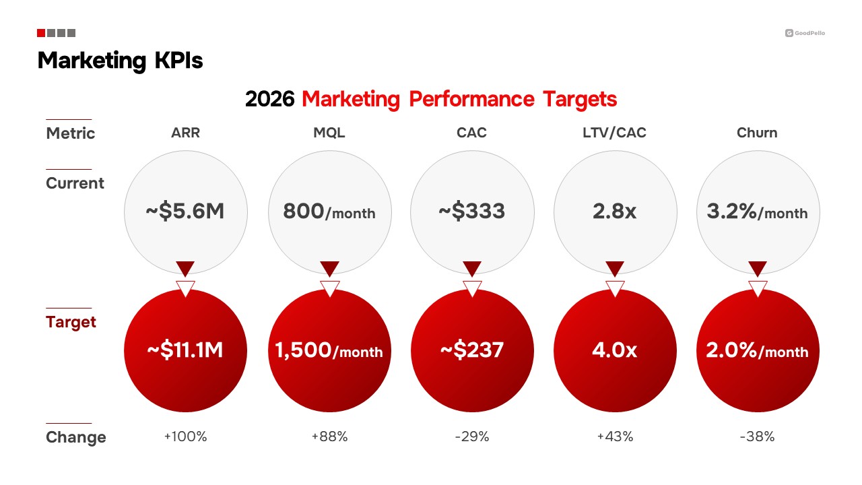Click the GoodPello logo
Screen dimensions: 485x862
point(805,33)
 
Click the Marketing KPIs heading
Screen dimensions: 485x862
point(120,61)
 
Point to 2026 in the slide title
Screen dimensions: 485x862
point(269,99)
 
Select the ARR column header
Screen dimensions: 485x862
point(185,133)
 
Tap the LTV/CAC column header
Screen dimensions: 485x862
point(615,133)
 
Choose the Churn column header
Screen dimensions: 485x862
point(757,133)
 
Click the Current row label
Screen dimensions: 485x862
point(75,183)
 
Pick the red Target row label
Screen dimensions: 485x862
point(71,322)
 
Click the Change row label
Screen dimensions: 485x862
point(75,437)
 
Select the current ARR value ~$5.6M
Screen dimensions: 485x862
point(185,212)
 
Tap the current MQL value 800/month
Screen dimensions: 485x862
point(329,212)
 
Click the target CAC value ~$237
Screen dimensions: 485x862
point(471,350)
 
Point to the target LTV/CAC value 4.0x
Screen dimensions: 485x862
point(615,350)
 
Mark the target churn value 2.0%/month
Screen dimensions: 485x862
point(757,351)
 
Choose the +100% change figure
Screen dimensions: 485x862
point(185,437)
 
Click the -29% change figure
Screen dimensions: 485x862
point(471,437)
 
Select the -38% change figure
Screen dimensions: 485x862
point(757,437)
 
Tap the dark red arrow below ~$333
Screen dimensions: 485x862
point(471,268)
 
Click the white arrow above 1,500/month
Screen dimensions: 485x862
point(329,288)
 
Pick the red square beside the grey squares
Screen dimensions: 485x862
point(41,33)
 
